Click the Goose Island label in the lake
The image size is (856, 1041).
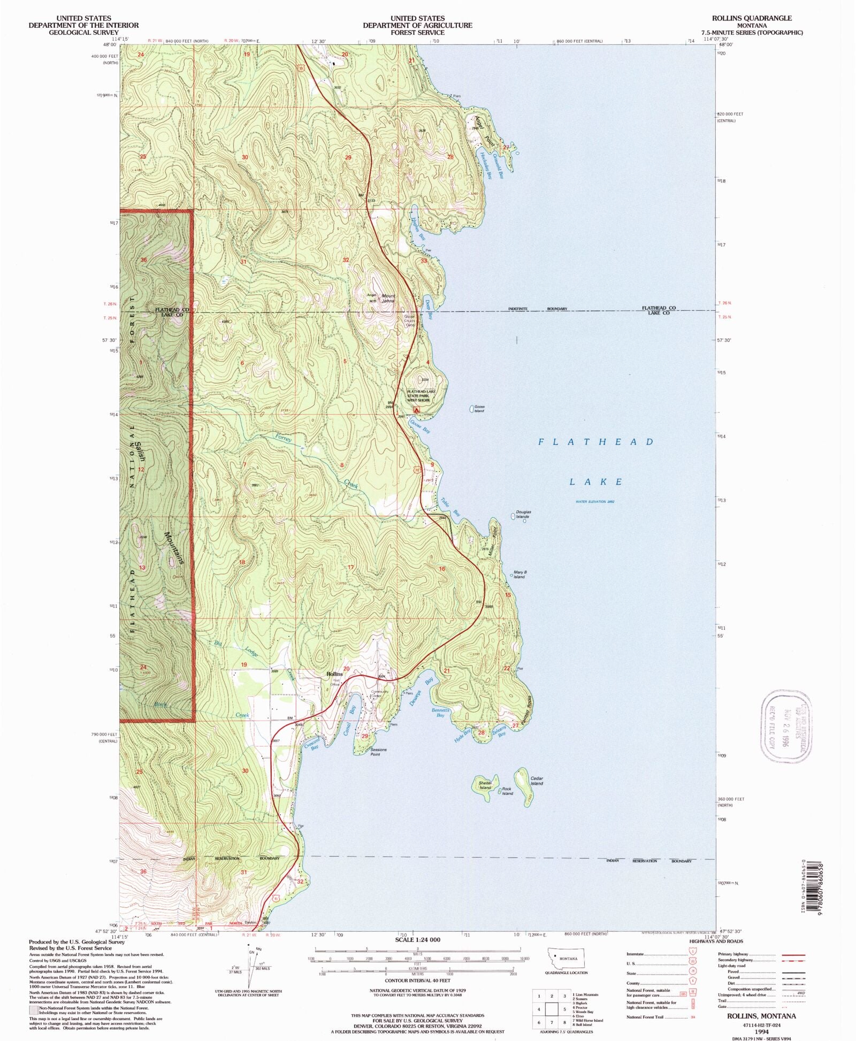(479, 409)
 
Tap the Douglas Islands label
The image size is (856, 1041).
(523, 514)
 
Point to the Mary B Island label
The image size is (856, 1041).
(520, 575)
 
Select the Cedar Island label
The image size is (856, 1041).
(537, 781)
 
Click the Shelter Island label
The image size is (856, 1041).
(485, 785)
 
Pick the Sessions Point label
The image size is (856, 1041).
(378, 752)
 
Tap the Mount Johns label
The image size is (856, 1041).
(388, 298)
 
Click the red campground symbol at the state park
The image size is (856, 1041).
(416, 410)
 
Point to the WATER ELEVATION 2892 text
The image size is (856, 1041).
(595, 502)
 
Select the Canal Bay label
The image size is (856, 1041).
(350, 719)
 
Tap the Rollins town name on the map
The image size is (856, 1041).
(334, 674)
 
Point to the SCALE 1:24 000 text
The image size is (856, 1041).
(418, 940)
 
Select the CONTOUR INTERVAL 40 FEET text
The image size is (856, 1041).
(418, 981)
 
